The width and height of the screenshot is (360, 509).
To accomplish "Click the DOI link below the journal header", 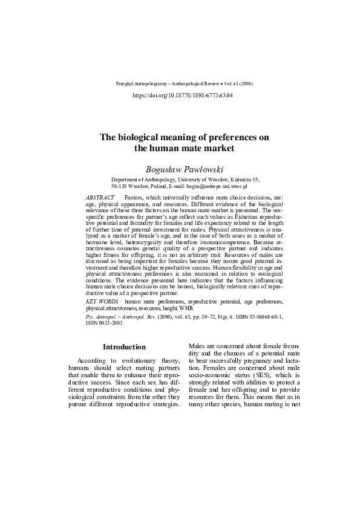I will point(182,96).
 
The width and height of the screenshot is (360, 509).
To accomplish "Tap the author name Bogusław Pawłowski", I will point(182,167).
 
